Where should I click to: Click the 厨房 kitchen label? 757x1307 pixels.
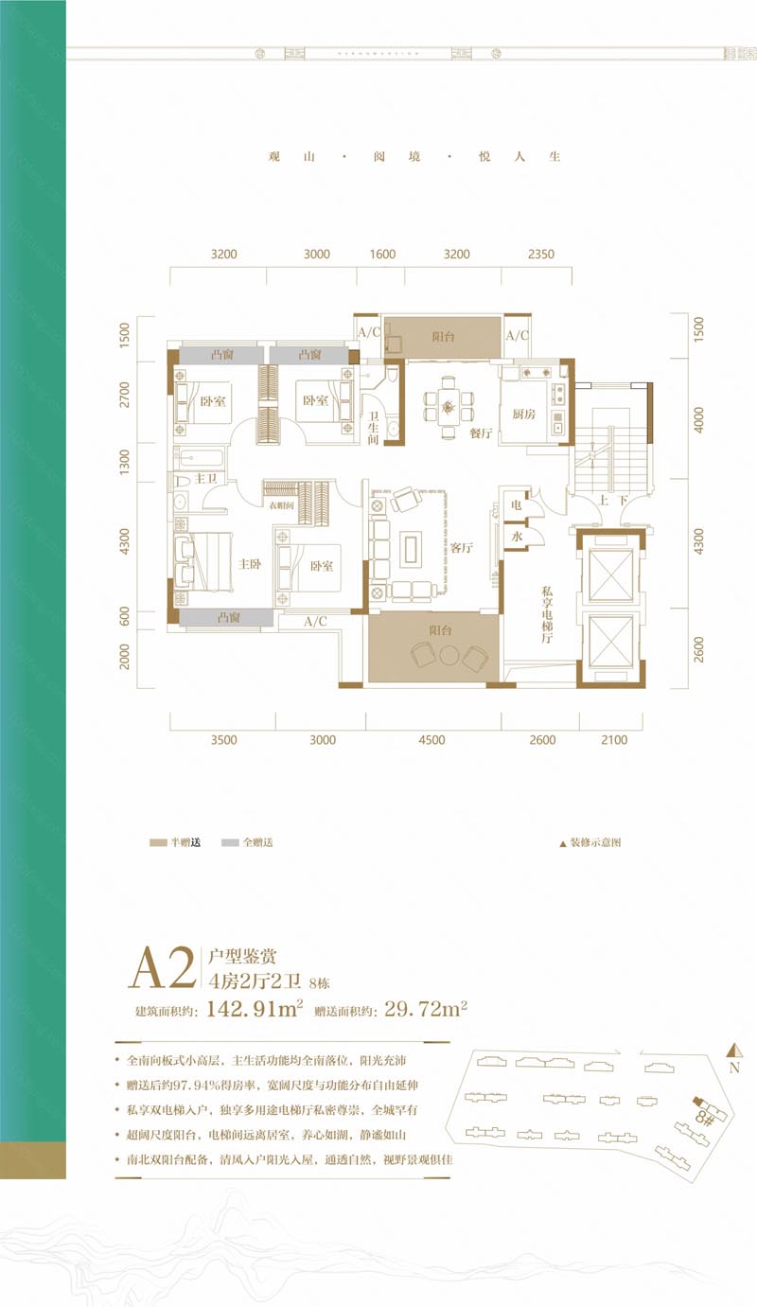[524, 414]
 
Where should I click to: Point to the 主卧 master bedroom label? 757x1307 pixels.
[250, 563]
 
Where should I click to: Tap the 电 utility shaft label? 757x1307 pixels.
[517, 506]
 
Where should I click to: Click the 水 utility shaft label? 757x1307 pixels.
[518, 537]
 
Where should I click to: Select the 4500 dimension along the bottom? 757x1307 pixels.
[432, 741]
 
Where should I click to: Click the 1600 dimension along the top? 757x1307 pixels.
[382, 255]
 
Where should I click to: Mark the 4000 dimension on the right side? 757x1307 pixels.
[699, 419]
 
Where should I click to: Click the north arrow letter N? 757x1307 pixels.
[734, 1069]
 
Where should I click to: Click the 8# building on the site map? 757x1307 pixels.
[703, 1110]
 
